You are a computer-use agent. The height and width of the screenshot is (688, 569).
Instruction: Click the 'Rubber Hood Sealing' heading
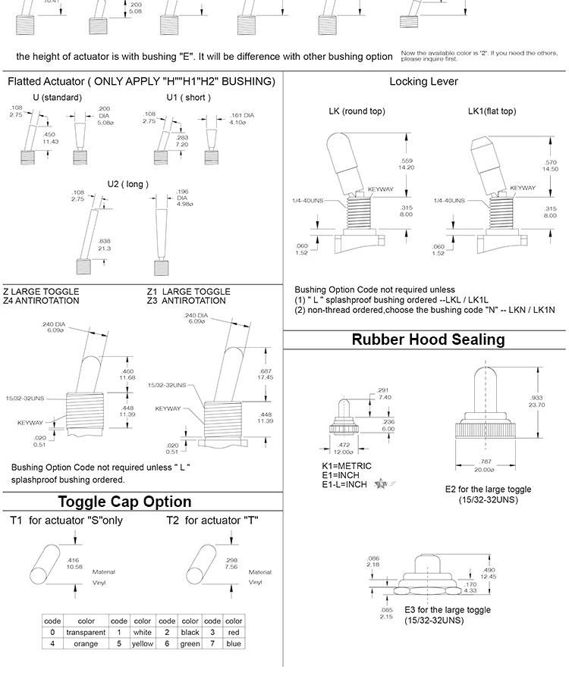click(428, 339)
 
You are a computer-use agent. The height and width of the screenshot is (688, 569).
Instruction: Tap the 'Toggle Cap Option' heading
click(125, 502)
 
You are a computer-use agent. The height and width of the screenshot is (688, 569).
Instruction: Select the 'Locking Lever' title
click(424, 82)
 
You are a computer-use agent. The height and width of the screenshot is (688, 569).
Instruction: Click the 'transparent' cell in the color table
click(80, 632)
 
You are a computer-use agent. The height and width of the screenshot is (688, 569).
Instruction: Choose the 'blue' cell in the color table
click(234, 644)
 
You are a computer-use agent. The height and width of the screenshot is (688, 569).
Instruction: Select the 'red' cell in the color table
click(234, 632)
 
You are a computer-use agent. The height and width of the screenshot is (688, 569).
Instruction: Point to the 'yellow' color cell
click(143, 644)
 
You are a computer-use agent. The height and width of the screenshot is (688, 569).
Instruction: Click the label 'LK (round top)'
click(357, 111)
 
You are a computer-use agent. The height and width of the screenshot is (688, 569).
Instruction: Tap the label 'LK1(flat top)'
click(492, 111)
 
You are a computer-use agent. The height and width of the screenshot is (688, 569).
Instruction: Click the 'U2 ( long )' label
click(127, 184)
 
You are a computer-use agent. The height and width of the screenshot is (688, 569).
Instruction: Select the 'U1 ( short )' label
click(189, 98)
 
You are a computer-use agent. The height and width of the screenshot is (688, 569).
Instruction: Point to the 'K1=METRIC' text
click(347, 466)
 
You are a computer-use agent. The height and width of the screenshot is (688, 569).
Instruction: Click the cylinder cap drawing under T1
click(50, 564)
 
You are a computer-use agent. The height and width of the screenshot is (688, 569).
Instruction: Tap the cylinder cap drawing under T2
click(204, 564)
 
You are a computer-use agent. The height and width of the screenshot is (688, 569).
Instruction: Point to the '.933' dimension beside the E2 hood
click(536, 397)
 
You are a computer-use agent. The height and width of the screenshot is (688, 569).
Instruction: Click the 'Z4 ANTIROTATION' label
click(41, 301)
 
